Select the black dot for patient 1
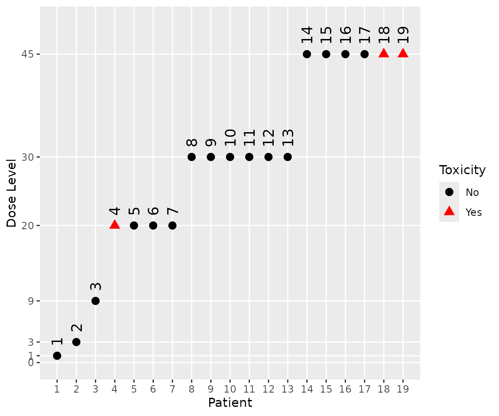pos(57,356)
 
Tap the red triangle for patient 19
pos(403,53)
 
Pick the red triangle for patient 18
pos(384,53)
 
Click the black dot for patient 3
pos(96,301)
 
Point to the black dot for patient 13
pos(288,157)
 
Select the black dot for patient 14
pos(307,54)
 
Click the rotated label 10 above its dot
pos(230,138)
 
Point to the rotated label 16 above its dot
pos(345,35)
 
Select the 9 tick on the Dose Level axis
pos(31,301)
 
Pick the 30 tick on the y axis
pos(28,157)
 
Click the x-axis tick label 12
pos(268,389)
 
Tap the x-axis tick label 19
pos(403,389)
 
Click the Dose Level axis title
pos(12,193)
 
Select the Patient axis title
pos(230,403)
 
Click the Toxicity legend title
pos(462,170)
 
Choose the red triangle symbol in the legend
pos(449,211)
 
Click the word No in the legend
pos(472,192)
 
